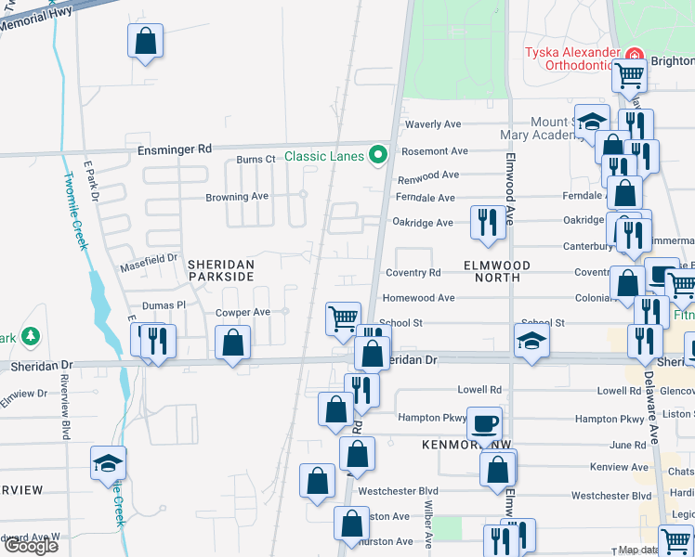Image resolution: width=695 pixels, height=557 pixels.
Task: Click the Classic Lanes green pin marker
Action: pos(377,155)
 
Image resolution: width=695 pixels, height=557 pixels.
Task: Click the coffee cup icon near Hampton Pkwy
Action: pos(483,424)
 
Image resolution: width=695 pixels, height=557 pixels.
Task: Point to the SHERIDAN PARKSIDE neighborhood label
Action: pos(221,270)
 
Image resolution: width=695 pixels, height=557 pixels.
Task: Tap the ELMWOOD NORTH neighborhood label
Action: pos(496,271)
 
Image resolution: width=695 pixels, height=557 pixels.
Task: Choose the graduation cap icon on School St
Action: pos(531,341)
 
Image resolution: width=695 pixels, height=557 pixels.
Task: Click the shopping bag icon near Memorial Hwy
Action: pos(145,41)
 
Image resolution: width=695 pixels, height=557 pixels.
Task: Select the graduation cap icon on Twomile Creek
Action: pos(108,462)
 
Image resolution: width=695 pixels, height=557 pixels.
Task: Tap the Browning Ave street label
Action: pos(237,197)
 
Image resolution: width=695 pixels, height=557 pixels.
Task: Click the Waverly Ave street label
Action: pos(433,124)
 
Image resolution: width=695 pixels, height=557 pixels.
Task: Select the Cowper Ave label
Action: pos(243,313)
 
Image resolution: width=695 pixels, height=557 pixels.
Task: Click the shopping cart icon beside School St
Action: pos(343,318)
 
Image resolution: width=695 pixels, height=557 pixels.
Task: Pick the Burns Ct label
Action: pos(256,160)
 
